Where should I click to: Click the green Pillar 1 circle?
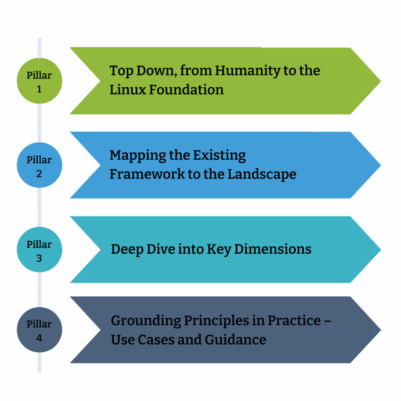39,81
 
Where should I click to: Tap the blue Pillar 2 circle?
39,165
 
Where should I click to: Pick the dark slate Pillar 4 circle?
39,330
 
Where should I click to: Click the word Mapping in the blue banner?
132,155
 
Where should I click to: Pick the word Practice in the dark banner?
294,321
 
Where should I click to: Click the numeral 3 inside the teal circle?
39,258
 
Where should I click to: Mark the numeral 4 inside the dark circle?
39,338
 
